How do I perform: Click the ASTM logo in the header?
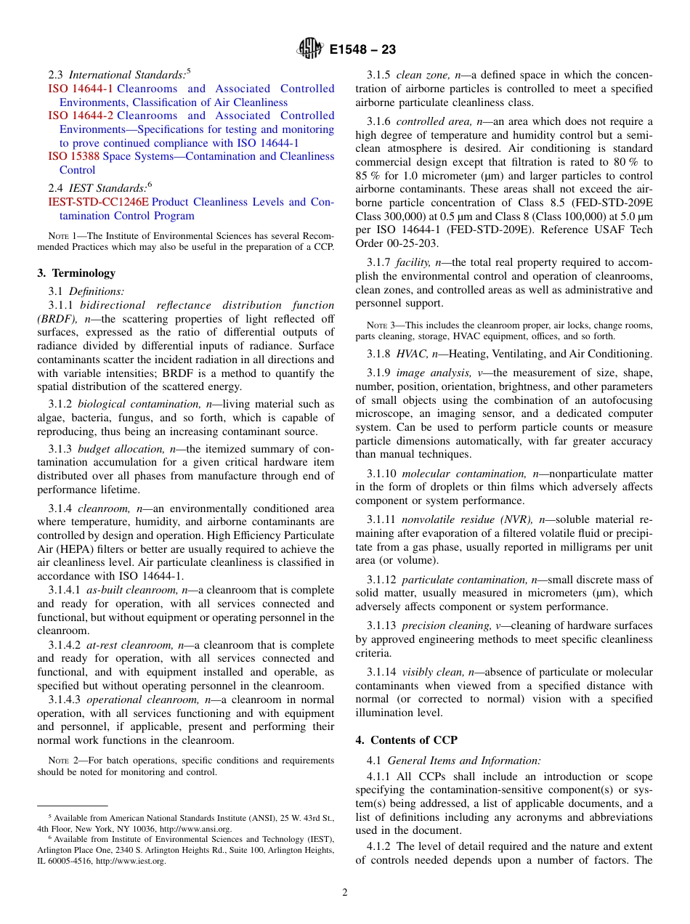pos(310,49)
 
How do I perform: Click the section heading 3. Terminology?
pos(76,273)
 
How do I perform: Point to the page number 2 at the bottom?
pos(345,893)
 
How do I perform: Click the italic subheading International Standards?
pos(127,75)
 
